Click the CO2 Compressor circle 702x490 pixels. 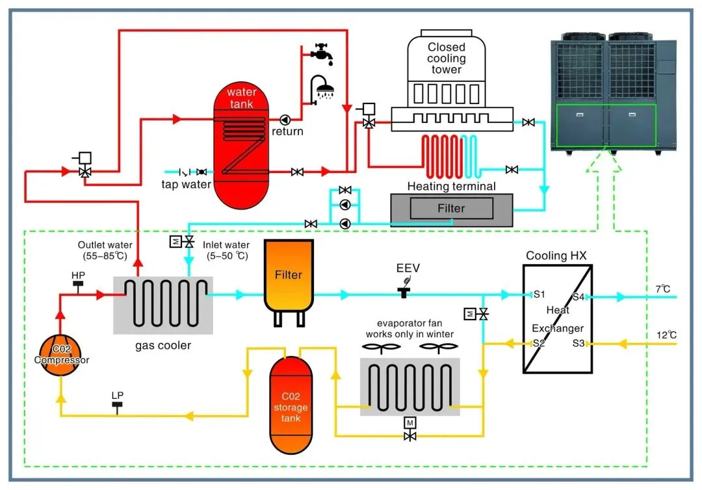(62, 355)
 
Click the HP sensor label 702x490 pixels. (78, 276)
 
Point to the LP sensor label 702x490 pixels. (118, 396)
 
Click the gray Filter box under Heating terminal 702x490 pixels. (450, 209)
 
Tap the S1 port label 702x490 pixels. (539, 295)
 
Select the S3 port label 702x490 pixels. (578, 343)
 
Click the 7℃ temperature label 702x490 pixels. (662, 288)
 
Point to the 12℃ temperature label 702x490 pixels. (666, 335)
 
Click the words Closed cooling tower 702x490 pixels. (447, 58)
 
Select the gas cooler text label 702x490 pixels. (162, 345)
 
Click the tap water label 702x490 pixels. (187, 184)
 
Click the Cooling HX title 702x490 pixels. (556, 256)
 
